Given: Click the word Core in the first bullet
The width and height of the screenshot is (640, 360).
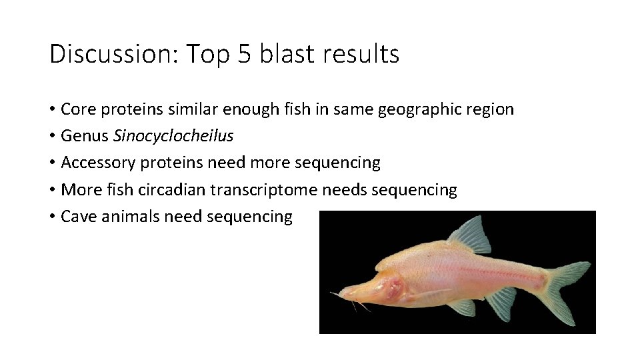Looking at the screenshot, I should tap(76, 109).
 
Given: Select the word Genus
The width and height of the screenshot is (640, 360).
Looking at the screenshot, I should tap(85, 136).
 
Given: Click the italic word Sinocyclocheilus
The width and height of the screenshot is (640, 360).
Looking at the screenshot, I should tap(174, 136).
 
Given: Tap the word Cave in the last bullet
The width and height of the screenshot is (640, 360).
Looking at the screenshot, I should tap(76, 217).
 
